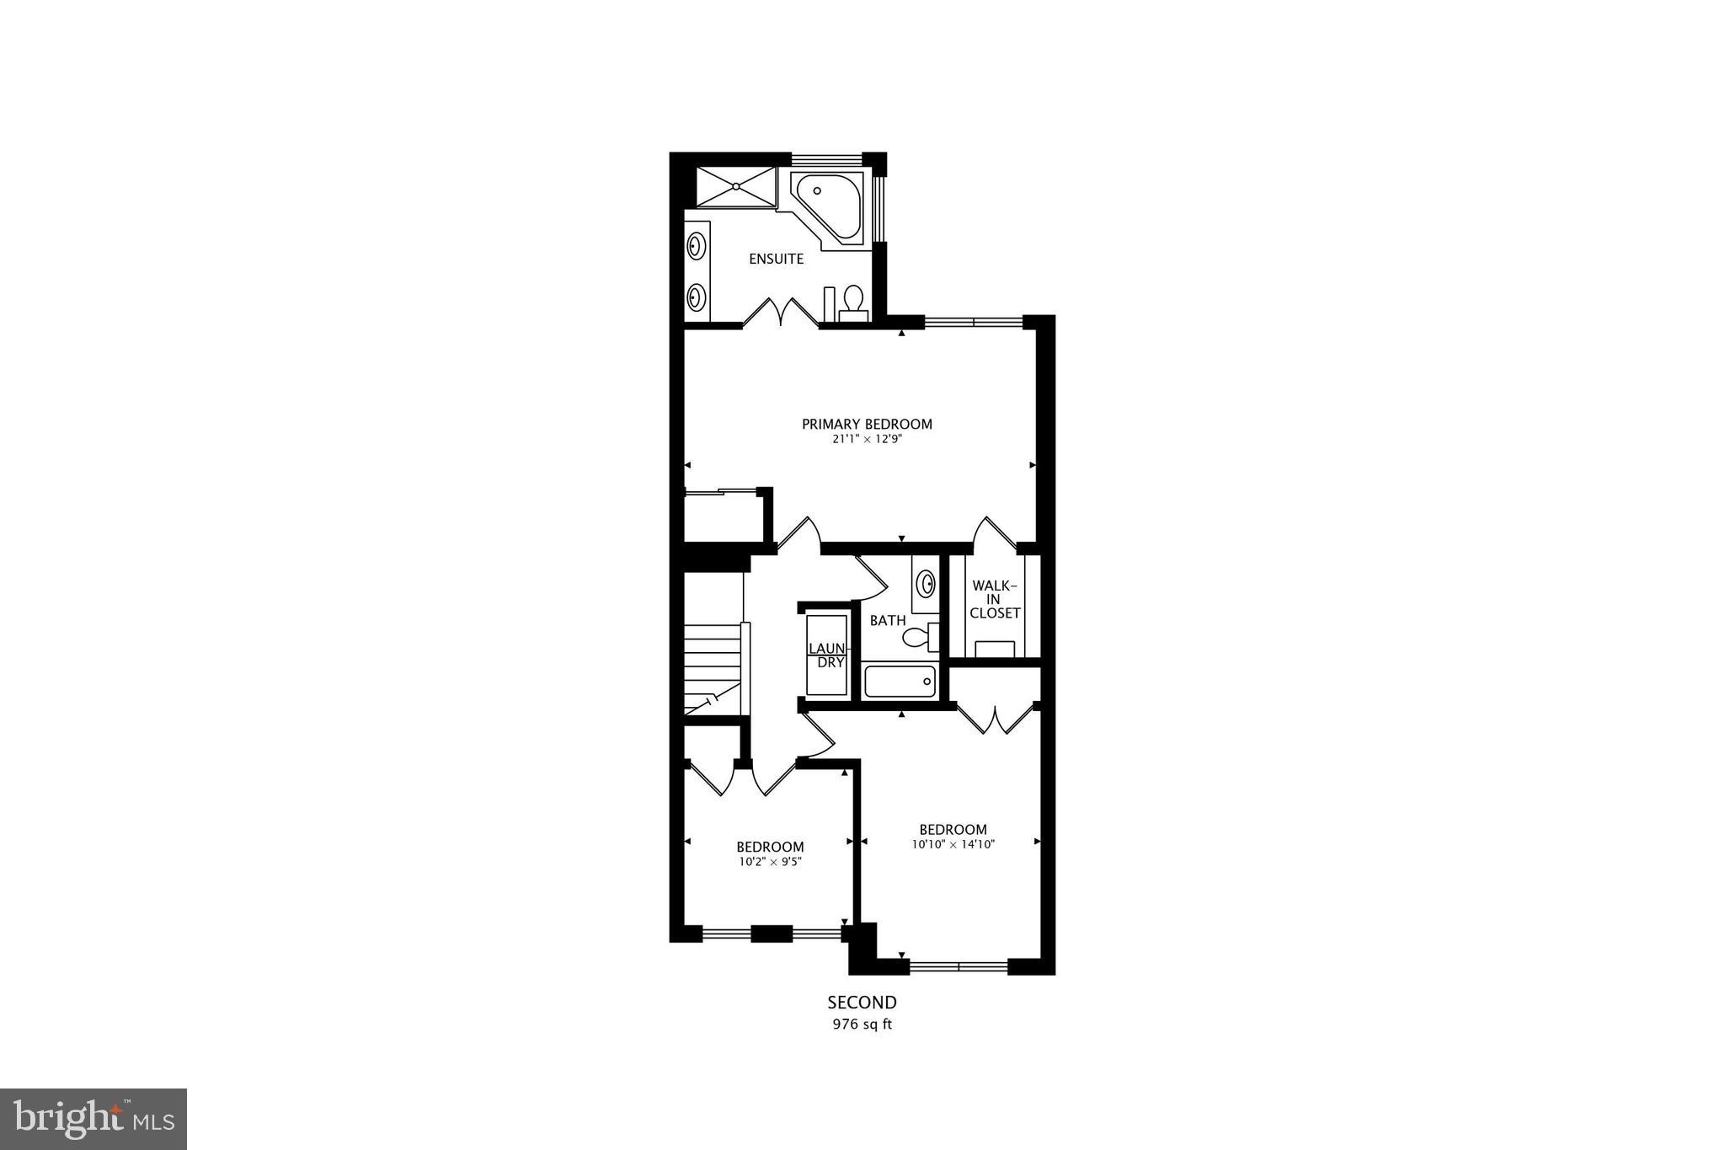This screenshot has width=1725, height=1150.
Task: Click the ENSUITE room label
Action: (x=776, y=259)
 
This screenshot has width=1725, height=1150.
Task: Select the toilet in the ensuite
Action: (x=853, y=301)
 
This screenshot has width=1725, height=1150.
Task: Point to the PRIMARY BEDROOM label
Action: (x=867, y=425)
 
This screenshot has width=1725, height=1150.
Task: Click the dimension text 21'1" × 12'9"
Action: (x=867, y=439)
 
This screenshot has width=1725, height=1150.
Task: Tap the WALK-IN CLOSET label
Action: (x=995, y=599)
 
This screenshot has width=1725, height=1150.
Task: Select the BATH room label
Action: (x=888, y=621)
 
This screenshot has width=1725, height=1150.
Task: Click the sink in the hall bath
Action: (x=926, y=582)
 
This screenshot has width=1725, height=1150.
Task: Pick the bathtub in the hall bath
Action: (x=900, y=682)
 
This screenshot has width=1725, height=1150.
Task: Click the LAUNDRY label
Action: (x=826, y=655)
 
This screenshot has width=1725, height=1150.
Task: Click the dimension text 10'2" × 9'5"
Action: (x=770, y=861)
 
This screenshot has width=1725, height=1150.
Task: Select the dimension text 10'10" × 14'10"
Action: (x=953, y=844)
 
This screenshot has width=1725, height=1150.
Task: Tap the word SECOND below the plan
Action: (x=862, y=1003)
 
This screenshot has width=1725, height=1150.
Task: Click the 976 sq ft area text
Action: (x=862, y=1025)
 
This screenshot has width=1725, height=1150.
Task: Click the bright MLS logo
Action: (x=93, y=1118)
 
